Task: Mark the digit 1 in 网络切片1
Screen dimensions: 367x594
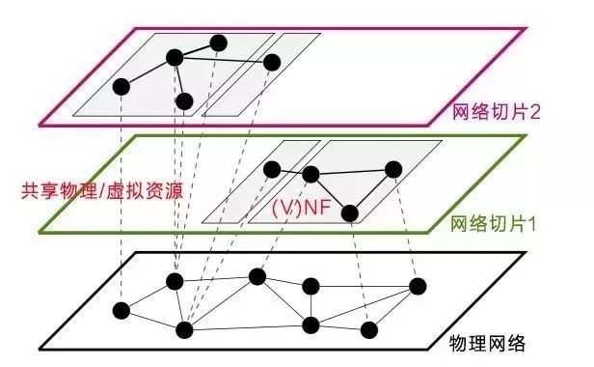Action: point(532,223)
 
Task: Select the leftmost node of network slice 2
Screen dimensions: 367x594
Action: point(121,86)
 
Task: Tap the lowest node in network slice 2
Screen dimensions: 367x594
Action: point(185,100)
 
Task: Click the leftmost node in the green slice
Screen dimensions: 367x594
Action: point(273,169)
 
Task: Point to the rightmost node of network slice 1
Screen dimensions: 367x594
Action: point(392,169)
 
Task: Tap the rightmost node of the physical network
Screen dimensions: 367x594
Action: point(418,286)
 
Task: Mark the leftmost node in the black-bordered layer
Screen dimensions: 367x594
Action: point(121,310)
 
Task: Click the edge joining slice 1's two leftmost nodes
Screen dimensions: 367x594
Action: point(292,172)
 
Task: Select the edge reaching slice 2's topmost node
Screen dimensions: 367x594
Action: point(197,49)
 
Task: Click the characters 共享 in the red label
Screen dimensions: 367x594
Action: point(35,187)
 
